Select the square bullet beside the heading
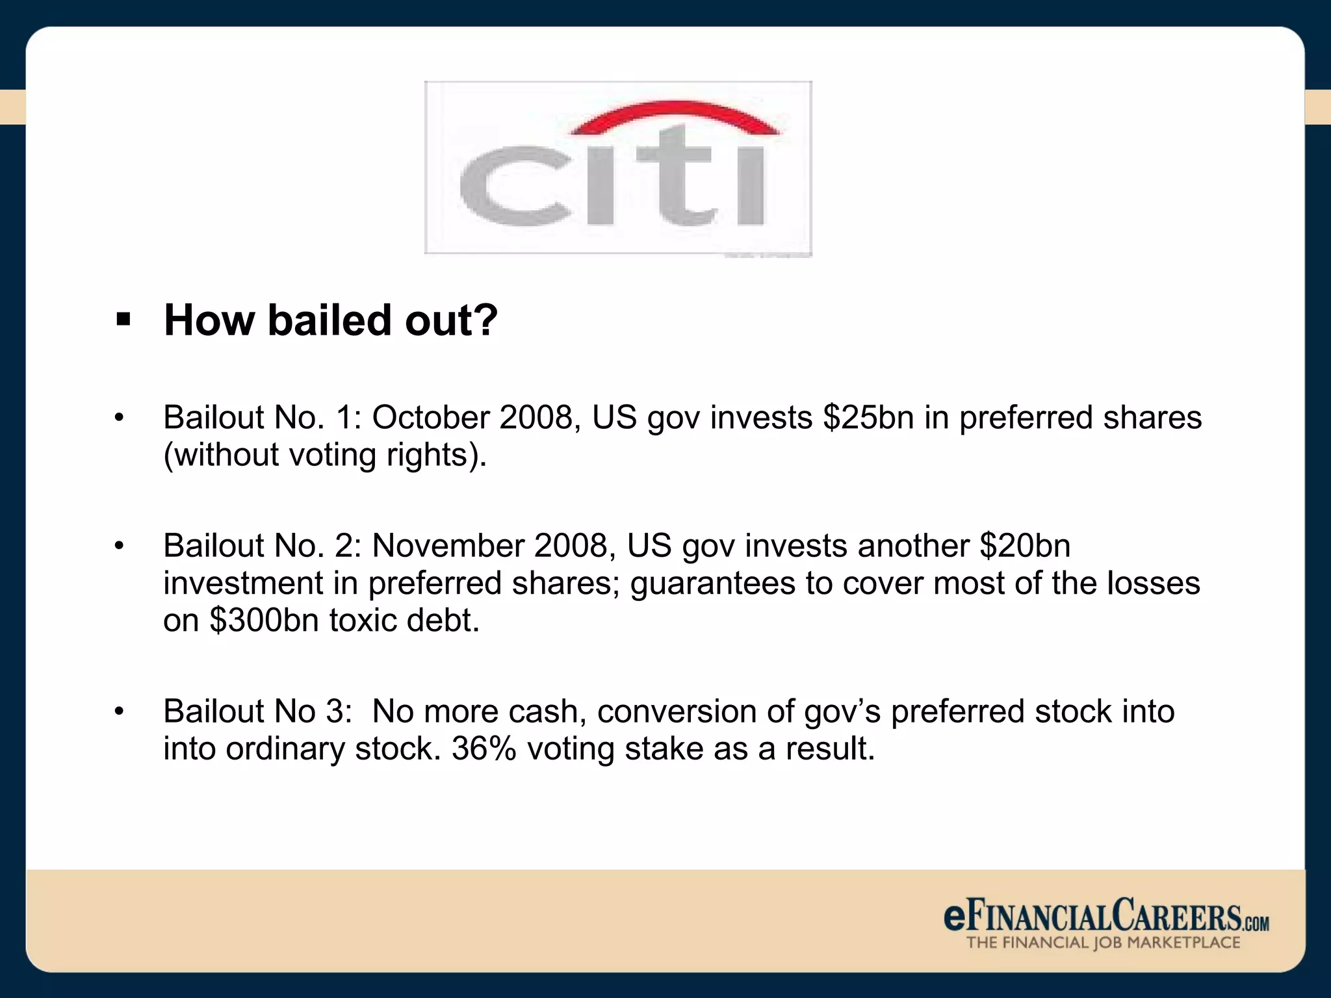(x=123, y=320)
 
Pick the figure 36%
(x=484, y=748)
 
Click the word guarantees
(x=712, y=583)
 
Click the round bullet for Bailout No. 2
(x=118, y=545)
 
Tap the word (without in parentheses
(x=221, y=455)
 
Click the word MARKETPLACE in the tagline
(x=1183, y=943)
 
